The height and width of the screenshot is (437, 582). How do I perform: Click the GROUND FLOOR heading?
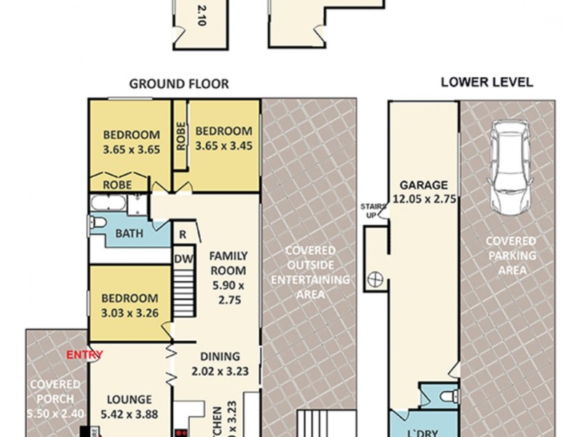click(179, 84)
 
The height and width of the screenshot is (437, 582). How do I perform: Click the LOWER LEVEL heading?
click(487, 82)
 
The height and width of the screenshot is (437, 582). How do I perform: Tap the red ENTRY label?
click(84, 355)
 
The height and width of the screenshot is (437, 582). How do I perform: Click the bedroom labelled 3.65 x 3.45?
click(223, 138)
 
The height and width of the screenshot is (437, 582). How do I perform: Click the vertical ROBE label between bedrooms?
click(180, 135)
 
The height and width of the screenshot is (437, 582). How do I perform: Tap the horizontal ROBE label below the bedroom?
click(117, 185)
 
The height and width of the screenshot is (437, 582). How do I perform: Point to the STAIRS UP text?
click(370, 211)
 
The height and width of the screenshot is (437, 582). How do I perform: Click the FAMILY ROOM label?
click(228, 277)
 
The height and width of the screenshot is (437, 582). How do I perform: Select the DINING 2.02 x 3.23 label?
click(220, 363)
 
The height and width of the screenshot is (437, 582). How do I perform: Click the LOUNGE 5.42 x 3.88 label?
click(129, 406)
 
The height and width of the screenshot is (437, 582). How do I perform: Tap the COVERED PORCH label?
click(55, 406)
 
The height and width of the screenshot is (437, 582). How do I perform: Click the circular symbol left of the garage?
click(375, 277)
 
